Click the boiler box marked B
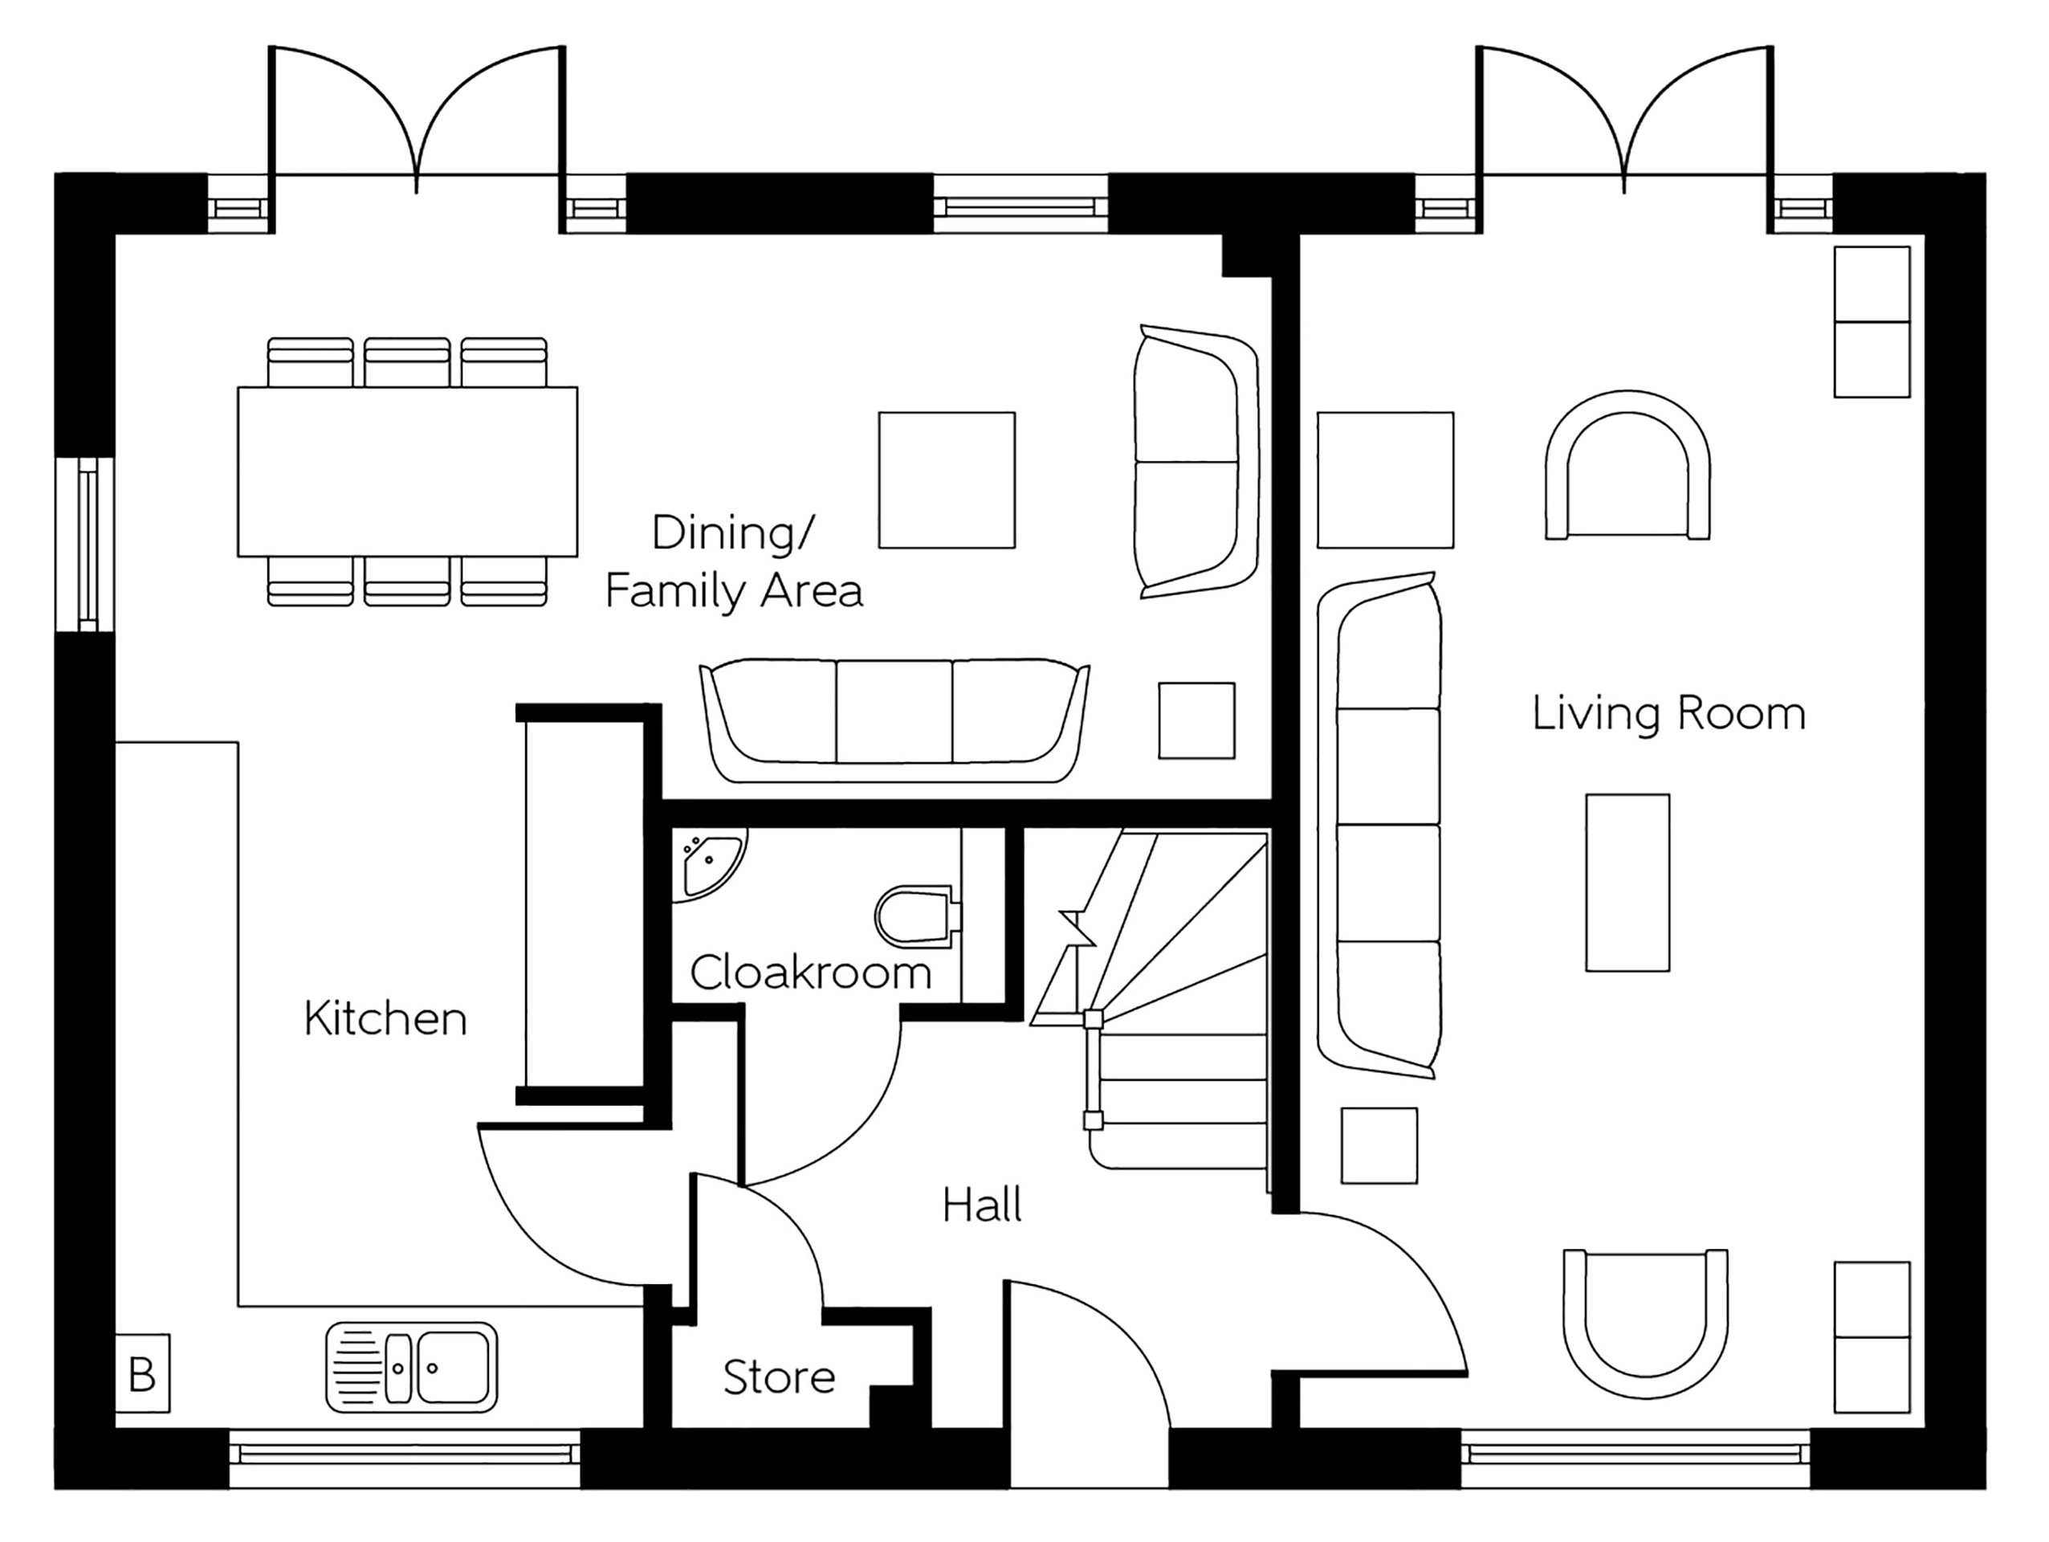[x=142, y=1373]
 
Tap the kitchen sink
[x=411, y=1367]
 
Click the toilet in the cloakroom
[x=915, y=916]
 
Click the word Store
[x=779, y=1377]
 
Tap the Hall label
[x=982, y=1205]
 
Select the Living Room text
[x=1668, y=713]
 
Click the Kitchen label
[x=385, y=1018]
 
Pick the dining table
[x=408, y=471]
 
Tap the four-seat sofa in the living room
[x=1380, y=825]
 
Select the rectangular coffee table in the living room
[x=1627, y=882]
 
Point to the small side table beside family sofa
[x=1196, y=721]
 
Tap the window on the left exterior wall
[x=85, y=544]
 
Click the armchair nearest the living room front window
[x=1645, y=1324]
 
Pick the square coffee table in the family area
[x=947, y=480]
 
